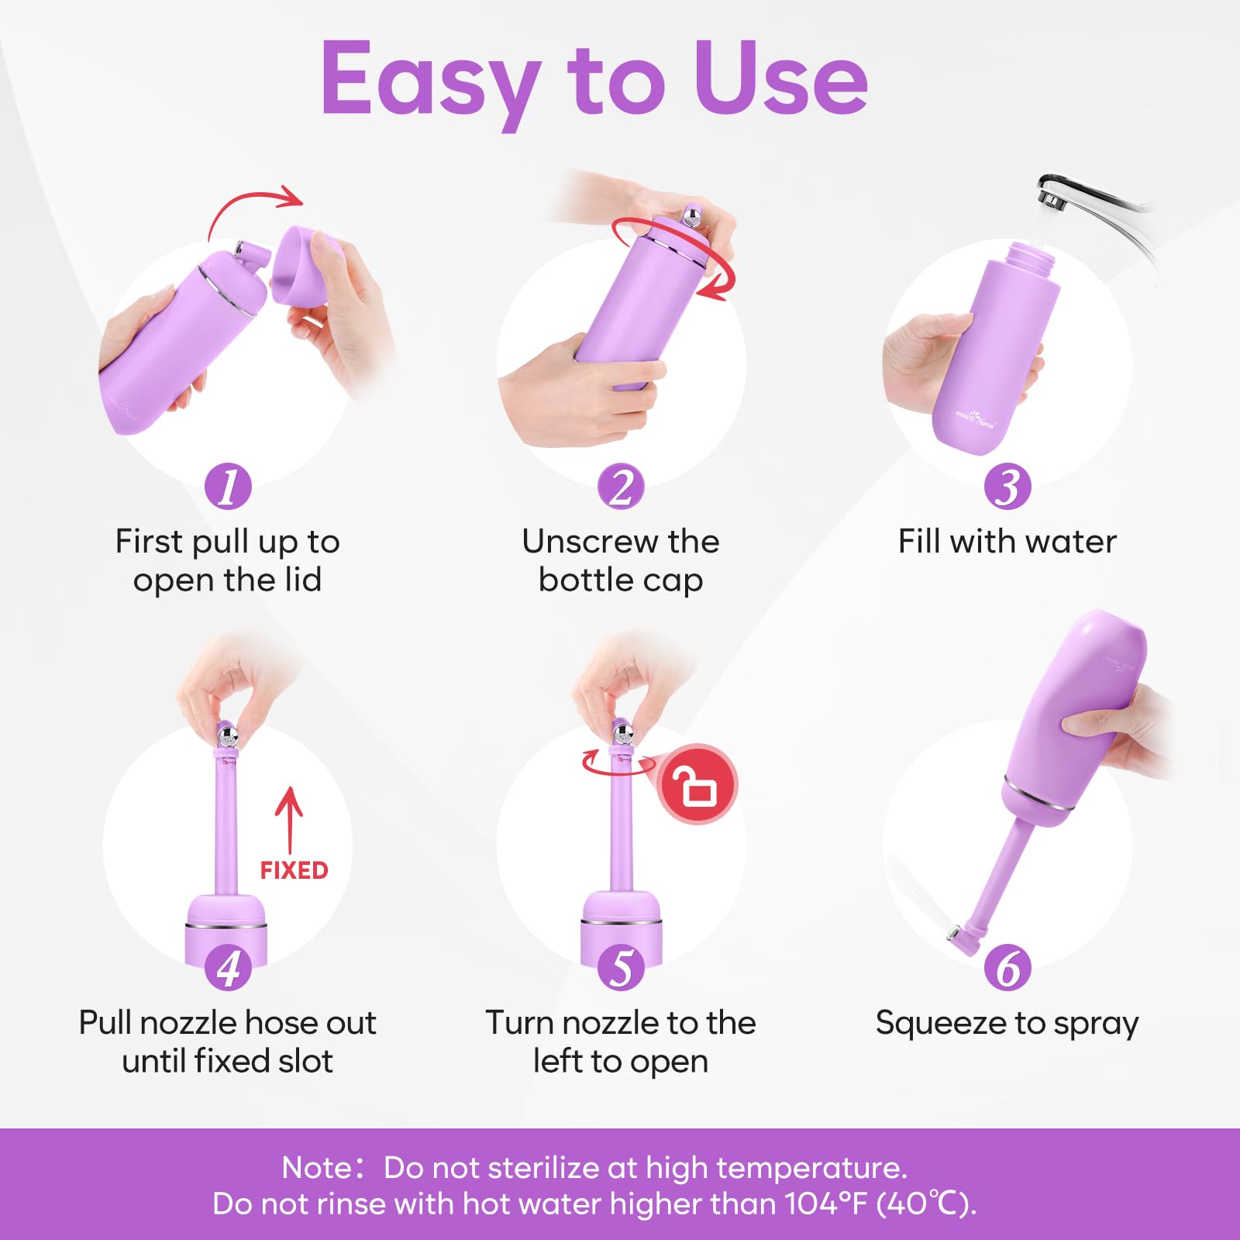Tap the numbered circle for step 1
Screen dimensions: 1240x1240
click(228, 487)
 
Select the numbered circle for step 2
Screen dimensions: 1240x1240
click(621, 487)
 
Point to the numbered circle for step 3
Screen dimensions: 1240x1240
click(1007, 487)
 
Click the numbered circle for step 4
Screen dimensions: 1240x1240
click(228, 967)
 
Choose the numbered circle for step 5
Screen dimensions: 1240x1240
click(621, 967)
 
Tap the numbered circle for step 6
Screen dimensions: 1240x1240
click(1007, 967)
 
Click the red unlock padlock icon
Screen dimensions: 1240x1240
click(697, 784)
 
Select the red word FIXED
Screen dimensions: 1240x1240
click(294, 870)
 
